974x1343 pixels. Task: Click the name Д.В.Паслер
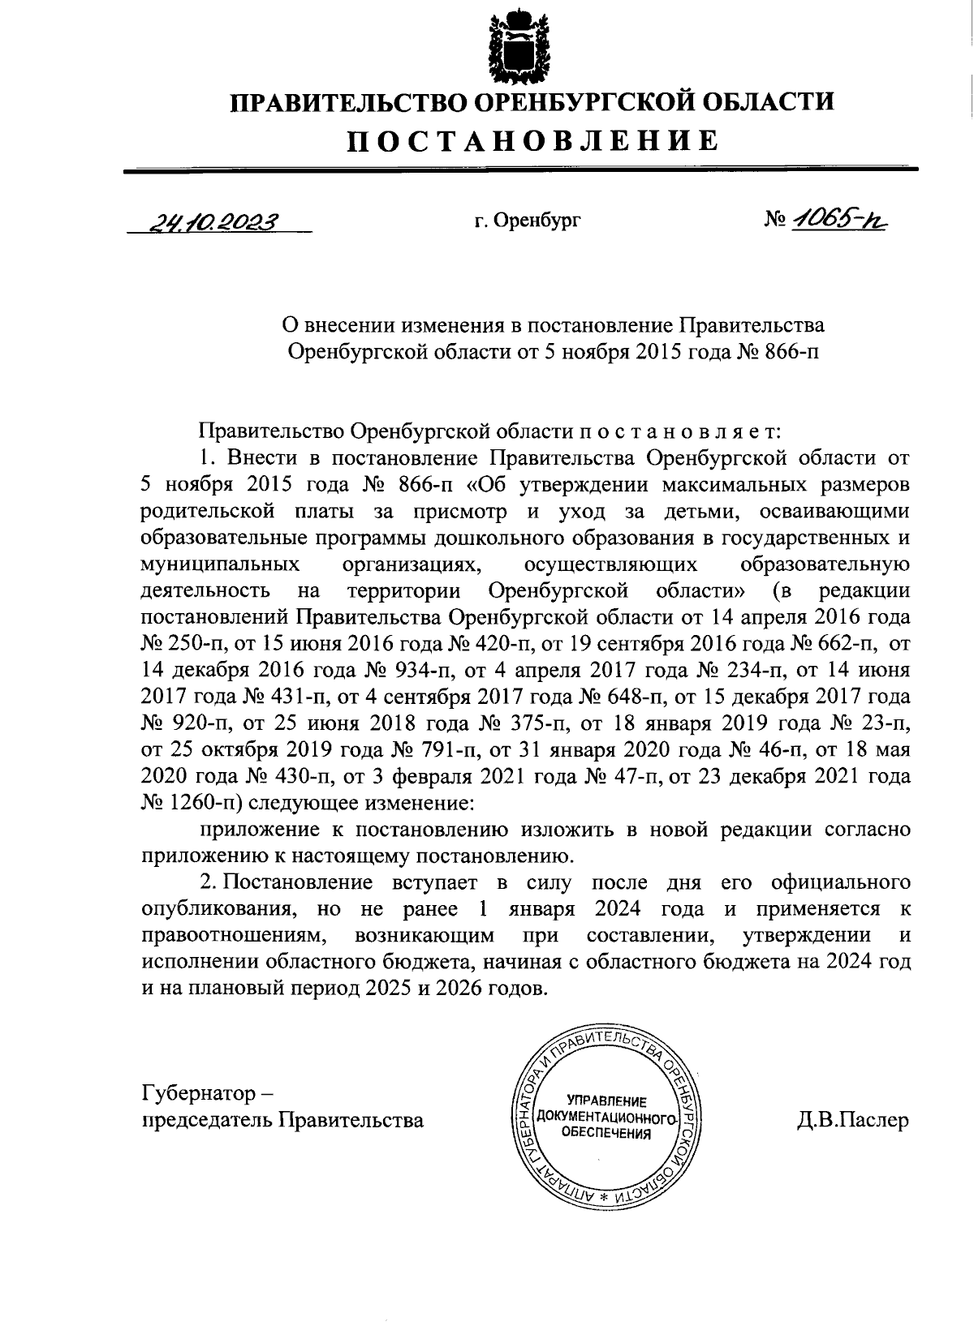click(x=853, y=1120)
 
